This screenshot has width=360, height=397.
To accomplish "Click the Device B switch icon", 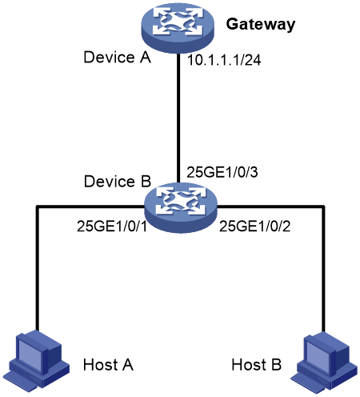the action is tap(181, 207).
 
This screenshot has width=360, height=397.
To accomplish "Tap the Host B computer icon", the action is tap(323, 363).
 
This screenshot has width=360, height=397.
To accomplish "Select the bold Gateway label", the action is tap(261, 25).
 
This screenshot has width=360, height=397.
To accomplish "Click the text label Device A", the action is tap(118, 57).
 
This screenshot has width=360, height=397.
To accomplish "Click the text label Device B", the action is tap(118, 182).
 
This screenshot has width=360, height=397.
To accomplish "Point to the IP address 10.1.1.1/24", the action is tap(224, 60).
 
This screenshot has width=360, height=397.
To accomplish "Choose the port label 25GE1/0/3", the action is tap(222, 172).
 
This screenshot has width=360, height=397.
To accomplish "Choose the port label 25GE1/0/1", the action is tap(112, 227).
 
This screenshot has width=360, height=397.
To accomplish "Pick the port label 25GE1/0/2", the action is tap(254, 227).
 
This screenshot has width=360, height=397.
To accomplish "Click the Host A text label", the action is tap(108, 364).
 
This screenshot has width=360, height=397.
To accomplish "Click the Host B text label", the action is tap(256, 364).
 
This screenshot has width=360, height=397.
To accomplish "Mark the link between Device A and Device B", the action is tap(178, 118).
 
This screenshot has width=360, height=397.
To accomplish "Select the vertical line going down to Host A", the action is tap(38, 269).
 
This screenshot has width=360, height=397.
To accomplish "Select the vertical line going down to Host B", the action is tap(323, 270).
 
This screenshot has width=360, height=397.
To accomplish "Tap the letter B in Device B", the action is tap(146, 182).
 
